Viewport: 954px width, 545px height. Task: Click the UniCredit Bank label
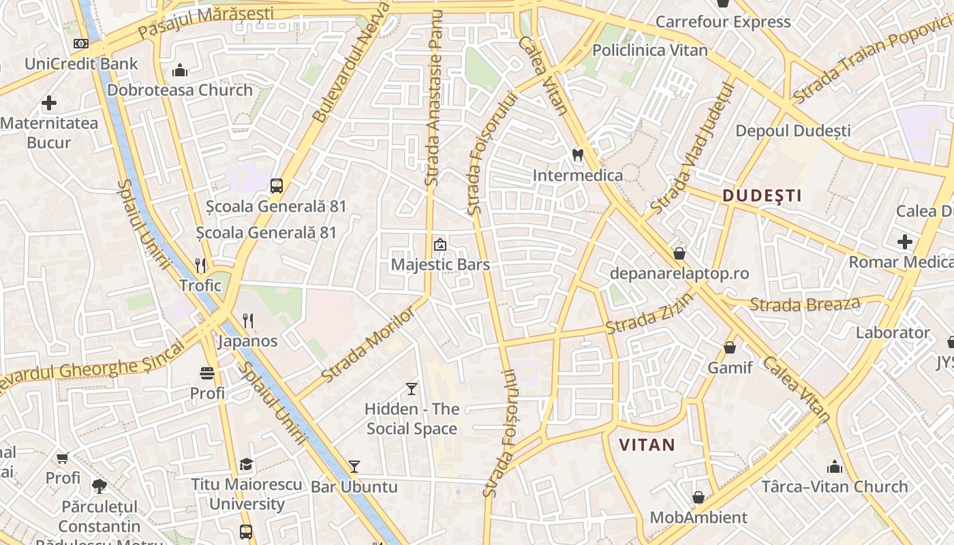tap(81, 64)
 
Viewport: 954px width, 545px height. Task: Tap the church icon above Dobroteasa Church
tap(180, 70)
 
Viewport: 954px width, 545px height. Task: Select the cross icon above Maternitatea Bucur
tap(49, 104)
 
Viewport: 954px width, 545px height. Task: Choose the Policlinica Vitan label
tap(649, 50)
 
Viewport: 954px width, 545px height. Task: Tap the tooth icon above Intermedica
tap(578, 155)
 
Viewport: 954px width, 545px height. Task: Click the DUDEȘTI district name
tap(762, 196)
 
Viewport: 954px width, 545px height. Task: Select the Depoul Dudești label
tap(793, 130)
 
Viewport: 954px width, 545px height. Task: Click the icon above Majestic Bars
tap(440, 244)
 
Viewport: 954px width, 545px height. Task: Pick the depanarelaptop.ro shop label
tap(679, 274)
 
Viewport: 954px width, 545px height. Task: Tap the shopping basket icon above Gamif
tap(730, 347)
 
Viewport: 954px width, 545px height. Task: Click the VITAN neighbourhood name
tap(647, 446)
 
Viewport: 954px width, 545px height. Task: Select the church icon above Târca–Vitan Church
tap(835, 467)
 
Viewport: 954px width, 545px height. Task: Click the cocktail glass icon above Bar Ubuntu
tap(354, 467)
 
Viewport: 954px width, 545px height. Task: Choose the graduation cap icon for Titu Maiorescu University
tap(246, 465)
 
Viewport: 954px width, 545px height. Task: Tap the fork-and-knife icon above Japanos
tap(248, 320)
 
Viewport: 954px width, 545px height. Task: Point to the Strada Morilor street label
tap(368, 345)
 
